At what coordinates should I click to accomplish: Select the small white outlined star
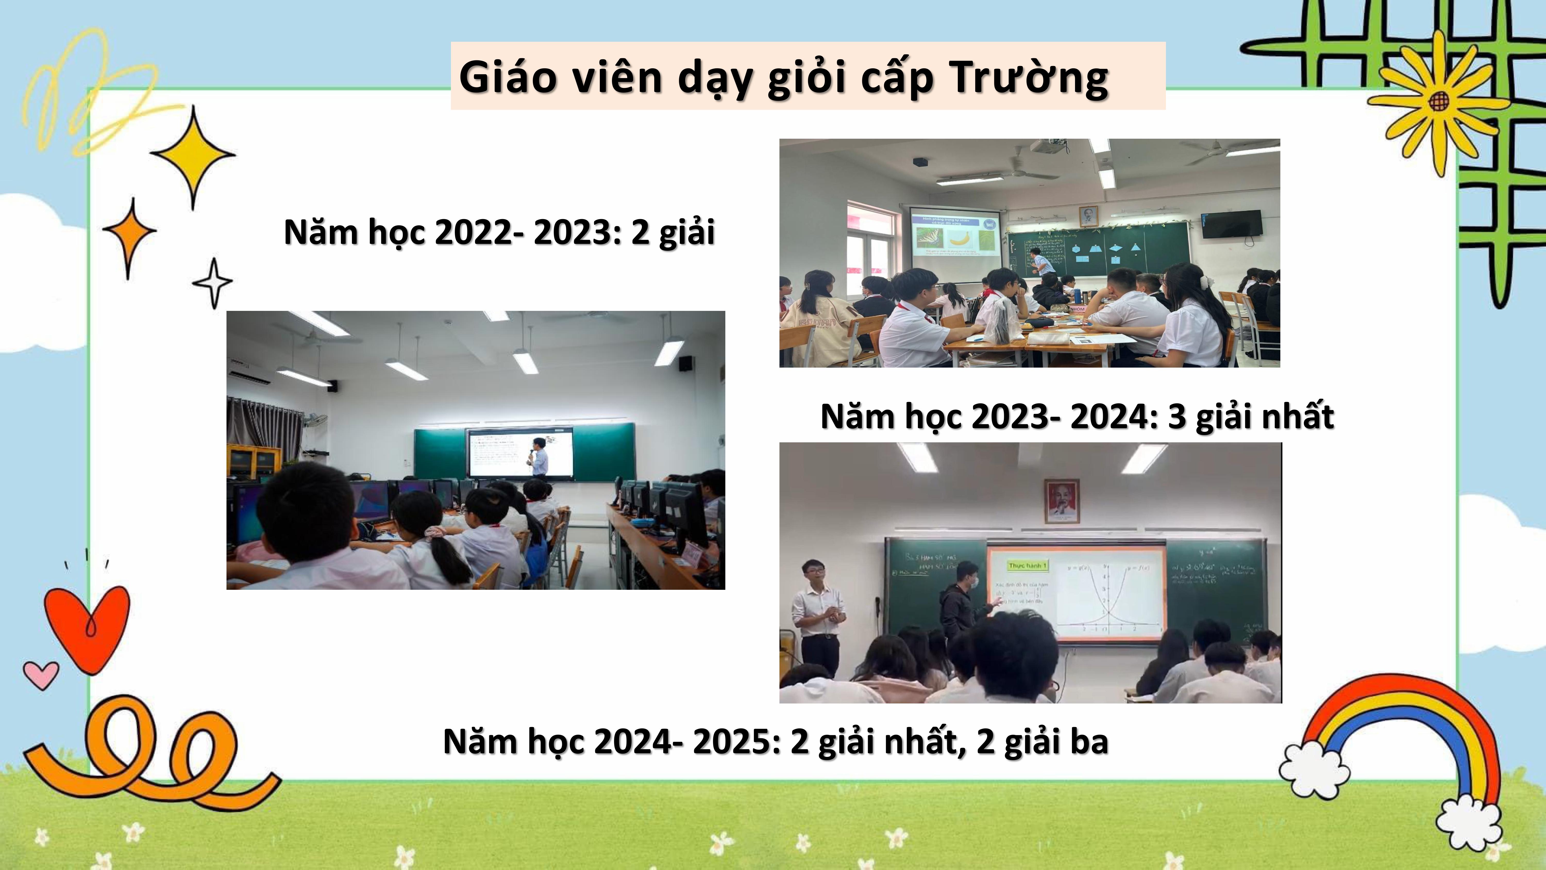(213, 282)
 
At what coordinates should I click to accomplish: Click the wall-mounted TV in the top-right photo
(1232, 224)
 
